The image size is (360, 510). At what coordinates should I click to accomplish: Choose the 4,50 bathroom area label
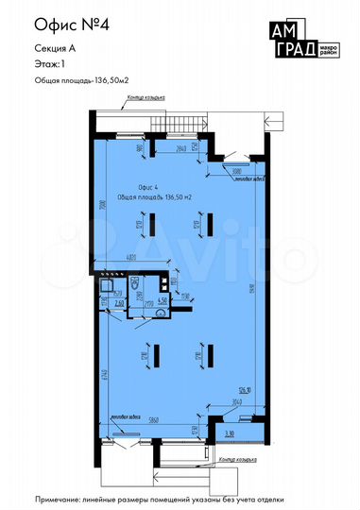click(x=163, y=300)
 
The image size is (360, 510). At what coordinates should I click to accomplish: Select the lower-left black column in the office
click(x=157, y=356)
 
